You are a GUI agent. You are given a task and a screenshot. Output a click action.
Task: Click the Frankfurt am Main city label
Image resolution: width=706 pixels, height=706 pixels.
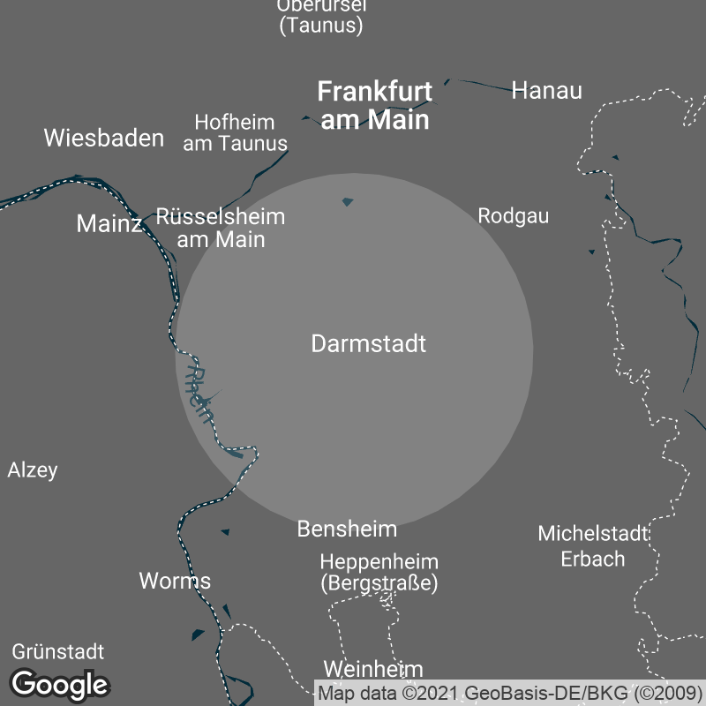click(x=375, y=105)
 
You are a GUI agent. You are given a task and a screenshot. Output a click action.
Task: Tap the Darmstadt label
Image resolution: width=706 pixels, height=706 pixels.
click(x=369, y=343)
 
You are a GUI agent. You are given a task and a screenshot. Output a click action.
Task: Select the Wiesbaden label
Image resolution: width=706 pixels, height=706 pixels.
click(x=104, y=138)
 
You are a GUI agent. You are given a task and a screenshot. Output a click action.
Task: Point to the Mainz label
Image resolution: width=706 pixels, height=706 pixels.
click(x=109, y=223)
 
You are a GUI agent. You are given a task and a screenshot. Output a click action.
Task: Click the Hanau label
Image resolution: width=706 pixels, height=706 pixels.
click(x=547, y=90)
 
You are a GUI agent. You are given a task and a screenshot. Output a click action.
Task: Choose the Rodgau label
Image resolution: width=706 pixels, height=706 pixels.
click(x=514, y=215)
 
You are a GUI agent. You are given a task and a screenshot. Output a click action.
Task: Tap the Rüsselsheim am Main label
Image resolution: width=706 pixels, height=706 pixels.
click(x=221, y=227)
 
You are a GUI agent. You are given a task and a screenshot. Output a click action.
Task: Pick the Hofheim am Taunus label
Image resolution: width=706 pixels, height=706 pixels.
click(x=235, y=132)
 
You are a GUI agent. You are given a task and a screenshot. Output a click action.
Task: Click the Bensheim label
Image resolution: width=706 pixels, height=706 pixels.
click(x=347, y=529)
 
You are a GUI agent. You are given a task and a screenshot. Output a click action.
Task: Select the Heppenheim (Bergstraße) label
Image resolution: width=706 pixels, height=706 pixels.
click(x=379, y=572)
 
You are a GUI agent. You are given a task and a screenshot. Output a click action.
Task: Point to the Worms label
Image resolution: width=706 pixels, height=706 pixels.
click(x=175, y=581)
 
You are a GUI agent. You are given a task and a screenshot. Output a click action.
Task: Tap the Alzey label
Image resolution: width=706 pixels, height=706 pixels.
click(x=33, y=469)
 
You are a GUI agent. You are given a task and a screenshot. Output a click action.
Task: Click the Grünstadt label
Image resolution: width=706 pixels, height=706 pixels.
click(x=58, y=652)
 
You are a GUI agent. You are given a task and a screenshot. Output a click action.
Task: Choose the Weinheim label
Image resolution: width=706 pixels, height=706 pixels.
click(x=373, y=669)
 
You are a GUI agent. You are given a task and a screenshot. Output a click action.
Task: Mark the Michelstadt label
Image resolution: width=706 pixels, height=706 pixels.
click(x=593, y=533)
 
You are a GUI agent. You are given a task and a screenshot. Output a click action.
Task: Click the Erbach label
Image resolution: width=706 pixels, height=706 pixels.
click(x=593, y=559)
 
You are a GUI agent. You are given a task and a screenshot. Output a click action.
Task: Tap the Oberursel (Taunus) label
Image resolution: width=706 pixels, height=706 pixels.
click(x=321, y=15)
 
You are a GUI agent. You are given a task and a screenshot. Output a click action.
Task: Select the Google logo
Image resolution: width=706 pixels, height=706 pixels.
click(x=60, y=684)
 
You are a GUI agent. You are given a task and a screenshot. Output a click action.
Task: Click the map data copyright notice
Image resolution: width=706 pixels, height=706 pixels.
click(x=510, y=693)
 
